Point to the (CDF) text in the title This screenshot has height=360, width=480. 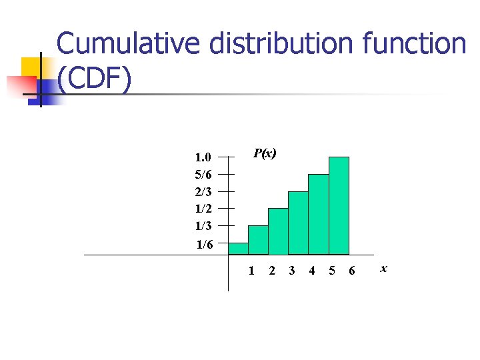pyautogui.click(x=94, y=79)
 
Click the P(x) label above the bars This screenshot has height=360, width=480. pyautogui.click(x=265, y=154)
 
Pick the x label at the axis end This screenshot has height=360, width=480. pyautogui.click(x=383, y=269)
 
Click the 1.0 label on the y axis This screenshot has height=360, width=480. pyautogui.click(x=203, y=158)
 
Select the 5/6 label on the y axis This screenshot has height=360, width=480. pyautogui.click(x=203, y=175)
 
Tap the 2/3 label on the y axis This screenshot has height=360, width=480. pyautogui.click(x=203, y=192)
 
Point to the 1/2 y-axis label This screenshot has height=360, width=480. pyautogui.click(x=203, y=209)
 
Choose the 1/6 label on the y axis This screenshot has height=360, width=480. pyautogui.click(x=204, y=245)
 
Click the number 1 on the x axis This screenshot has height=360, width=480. pyautogui.click(x=251, y=271)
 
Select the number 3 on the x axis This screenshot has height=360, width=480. pyautogui.click(x=291, y=271)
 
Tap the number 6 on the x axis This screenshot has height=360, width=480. pyautogui.click(x=352, y=271)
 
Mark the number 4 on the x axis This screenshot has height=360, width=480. pyautogui.click(x=311, y=271)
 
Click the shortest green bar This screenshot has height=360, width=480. pyautogui.click(x=238, y=249)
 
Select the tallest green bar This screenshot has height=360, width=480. pyautogui.click(x=339, y=205)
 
